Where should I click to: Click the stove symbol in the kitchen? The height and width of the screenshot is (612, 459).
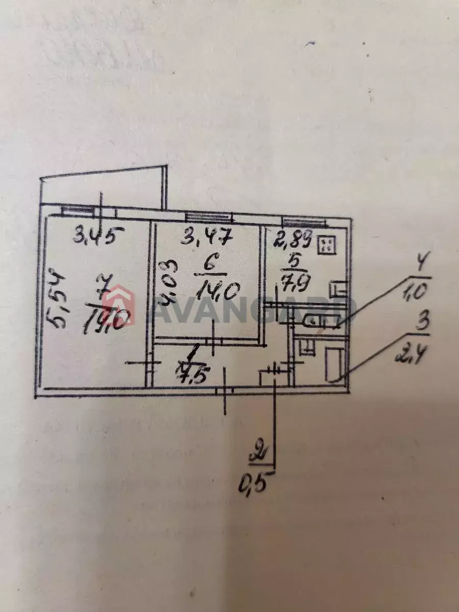(x=326, y=245)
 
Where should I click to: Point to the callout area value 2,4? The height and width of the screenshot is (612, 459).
(x=411, y=352)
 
